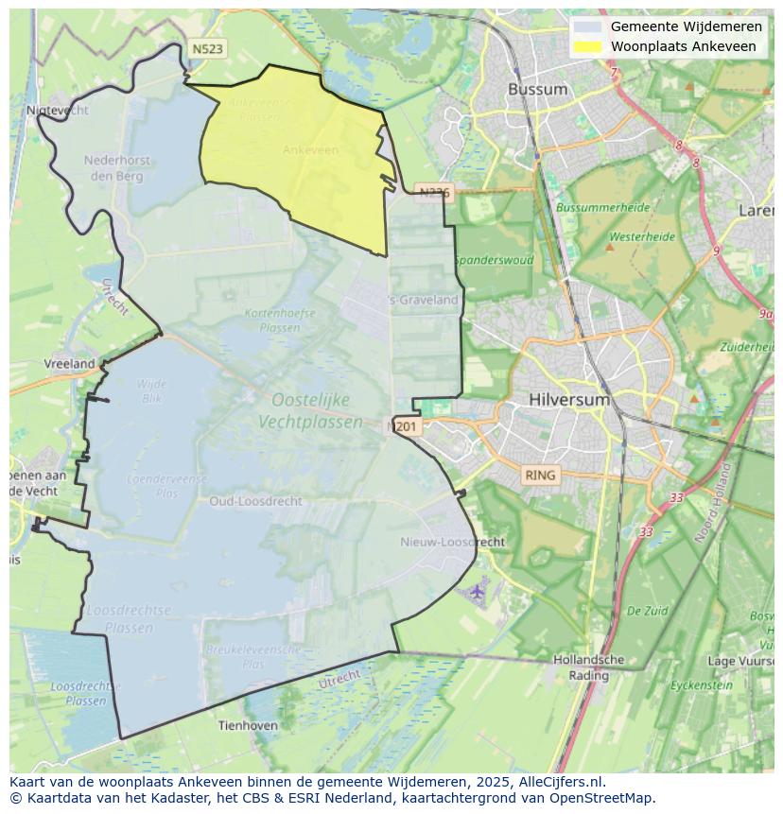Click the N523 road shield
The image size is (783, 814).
tap(207, 48)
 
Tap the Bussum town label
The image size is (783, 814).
tap(537, 90)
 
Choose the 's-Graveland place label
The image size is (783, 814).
tap(424, 300)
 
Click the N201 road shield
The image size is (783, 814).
tap(404, 427)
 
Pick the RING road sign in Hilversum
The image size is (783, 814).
tap(541, 475)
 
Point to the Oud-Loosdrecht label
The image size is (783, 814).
tap(255, 501)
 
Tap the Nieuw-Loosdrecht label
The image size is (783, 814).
tap(452, 542)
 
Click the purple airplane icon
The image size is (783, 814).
tap(477, 591)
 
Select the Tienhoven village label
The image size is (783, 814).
tap(248, 725)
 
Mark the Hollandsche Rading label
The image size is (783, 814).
tap(588, 667)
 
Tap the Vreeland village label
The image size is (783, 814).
tap(69, 363)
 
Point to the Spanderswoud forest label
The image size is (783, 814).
tap(493, 260)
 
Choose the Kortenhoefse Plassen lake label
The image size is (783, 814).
tap(279, 320)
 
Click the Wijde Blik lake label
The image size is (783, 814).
tap(151, 391)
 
